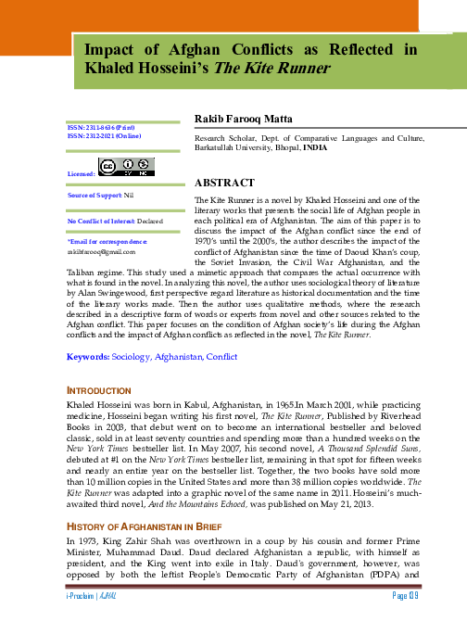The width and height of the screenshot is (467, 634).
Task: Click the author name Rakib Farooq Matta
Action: (x=242, y=120)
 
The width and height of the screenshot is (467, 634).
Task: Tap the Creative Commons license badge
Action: (x=127, y=167)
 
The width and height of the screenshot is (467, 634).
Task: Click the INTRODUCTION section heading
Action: (x=103, y=415)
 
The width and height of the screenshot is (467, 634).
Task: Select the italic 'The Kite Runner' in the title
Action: (x=269, y=69)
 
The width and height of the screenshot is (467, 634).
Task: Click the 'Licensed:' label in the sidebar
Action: (x=82, y=173)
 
